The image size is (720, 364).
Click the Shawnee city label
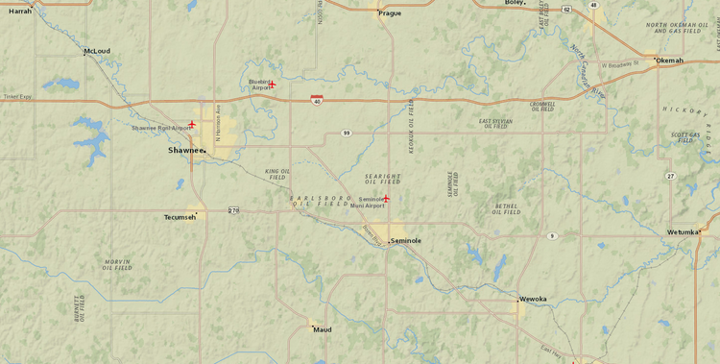(x=185, y=150)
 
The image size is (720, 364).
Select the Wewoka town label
(x=533, y=299)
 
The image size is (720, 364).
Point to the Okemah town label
(x=669, y=61)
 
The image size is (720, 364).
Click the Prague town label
(x=390, y=13)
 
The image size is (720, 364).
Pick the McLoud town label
(x=97, y=51)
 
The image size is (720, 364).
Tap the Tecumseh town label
(x=180, y=217)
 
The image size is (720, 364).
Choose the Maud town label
(x=323, y=329)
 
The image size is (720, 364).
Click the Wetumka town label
(x=683, y=231)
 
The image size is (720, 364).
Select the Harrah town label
(x=20, y=11)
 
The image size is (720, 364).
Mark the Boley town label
(x=515, y=3)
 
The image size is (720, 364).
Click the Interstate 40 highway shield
(x=316, y=100)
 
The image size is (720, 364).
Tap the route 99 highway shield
(x=346, y=133)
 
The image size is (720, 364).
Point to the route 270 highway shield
(x=233, y=209)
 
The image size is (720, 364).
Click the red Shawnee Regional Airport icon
(x=192, y=124)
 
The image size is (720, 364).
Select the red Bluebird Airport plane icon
(x=272, y=85)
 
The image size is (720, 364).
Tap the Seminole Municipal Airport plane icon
(x=386, y=198)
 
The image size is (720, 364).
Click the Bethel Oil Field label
(x=506, y=208)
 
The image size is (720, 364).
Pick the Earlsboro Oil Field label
(x=321, y=201)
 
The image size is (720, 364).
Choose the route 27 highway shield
(x=670, y=176)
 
